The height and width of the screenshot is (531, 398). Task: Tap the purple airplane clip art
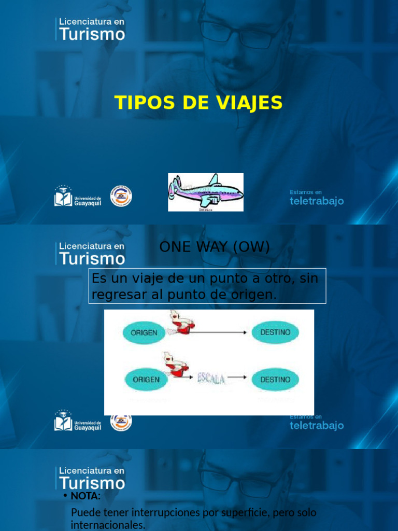(205, 192)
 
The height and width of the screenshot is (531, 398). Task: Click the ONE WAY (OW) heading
(215, 247)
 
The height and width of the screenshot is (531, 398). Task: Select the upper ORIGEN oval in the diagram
(144, 332)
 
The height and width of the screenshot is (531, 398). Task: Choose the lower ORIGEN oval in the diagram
(146, 380)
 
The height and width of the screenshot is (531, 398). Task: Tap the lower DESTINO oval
(275, 380)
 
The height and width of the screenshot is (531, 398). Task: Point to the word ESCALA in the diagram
(211, 380)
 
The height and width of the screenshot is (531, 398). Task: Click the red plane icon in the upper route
(181, 323)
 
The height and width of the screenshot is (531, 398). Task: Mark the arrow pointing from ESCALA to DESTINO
(237, 378)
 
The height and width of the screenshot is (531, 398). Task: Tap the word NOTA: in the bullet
(86, 496)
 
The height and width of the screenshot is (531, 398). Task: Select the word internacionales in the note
(108, 525)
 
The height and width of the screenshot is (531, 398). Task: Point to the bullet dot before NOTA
(65, 496)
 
